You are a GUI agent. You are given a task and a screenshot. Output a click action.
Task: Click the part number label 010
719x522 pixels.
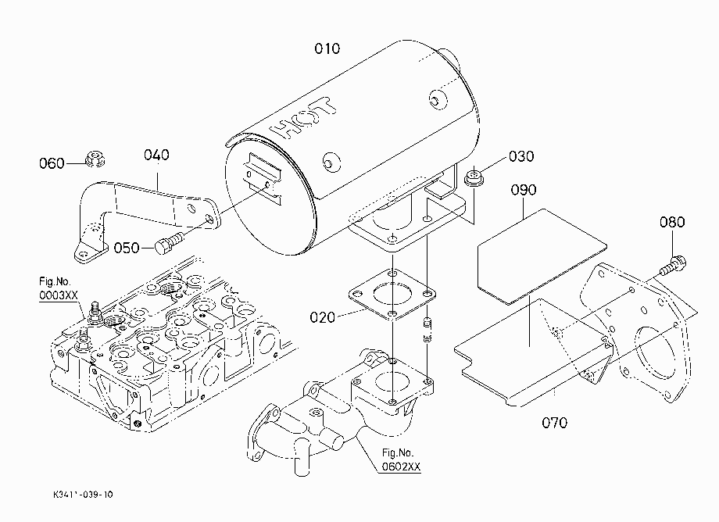(x=327, y=48)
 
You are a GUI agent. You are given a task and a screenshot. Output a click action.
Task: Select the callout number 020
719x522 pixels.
(x=322, y=317)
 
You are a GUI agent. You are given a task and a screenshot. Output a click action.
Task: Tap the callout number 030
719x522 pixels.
(x=521, y=156)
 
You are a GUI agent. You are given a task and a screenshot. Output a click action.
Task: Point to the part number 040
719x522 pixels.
(x=156, y=155)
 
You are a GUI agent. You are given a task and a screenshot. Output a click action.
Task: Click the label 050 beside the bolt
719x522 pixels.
(x=127, y=248)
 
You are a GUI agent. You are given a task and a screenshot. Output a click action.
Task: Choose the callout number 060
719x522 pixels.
(x=52, y=163)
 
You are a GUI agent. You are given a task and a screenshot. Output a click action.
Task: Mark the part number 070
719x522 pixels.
(x=554, y=422)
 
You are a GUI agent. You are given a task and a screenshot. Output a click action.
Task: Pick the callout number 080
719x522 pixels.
(x=672, y=222)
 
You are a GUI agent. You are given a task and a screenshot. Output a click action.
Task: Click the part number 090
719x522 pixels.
(x=524, y=190)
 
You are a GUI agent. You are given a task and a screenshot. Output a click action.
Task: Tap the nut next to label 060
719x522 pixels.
(x=95, y=159)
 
